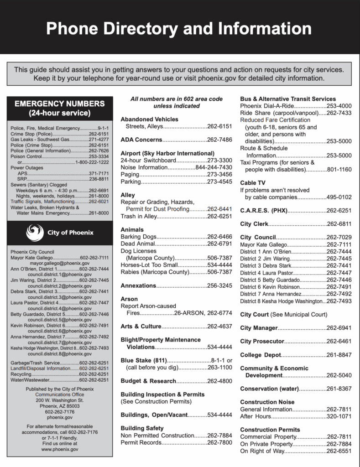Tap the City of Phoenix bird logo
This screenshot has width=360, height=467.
[35, 233]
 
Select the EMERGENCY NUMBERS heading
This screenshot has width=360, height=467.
[60, 104]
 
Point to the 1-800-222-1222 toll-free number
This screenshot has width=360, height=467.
[92, 162]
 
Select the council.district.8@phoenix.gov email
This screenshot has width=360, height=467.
[59, 353]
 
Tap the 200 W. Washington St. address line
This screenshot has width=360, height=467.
[59, 400]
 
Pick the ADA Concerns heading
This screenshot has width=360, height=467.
[141, 139]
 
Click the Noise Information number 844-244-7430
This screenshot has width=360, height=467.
[214, 167]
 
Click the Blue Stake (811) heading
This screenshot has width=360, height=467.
[146, 360]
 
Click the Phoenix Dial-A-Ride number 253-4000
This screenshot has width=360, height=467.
[339, 106]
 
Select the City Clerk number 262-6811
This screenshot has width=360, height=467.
[339, 224]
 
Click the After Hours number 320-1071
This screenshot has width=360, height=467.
[339, 416]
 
